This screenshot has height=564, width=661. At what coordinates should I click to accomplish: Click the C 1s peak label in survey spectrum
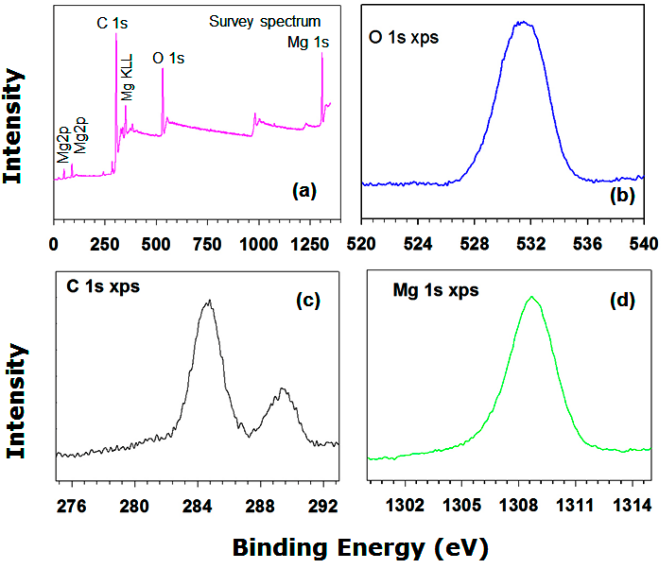112,23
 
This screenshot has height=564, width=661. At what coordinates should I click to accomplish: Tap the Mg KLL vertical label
127,77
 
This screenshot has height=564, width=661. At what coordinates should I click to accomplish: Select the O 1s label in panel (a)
168,58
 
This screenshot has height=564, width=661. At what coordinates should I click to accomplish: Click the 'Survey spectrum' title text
264,22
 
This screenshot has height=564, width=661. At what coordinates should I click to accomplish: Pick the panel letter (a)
304,190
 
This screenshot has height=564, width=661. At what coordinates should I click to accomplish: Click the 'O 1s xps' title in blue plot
404,37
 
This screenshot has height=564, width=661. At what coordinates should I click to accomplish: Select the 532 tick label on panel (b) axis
531,244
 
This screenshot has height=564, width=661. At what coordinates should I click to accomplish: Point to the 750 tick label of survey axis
207,245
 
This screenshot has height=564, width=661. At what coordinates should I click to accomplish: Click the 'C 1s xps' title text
103,286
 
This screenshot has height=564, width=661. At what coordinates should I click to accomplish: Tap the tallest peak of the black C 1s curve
209,301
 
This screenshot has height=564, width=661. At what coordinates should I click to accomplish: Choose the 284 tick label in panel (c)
197,506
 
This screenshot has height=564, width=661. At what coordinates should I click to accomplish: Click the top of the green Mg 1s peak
532,297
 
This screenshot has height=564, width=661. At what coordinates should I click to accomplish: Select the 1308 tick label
518,506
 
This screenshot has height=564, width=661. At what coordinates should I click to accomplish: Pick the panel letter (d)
622,300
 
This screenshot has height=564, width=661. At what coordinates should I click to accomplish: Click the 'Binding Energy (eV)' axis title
361,547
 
